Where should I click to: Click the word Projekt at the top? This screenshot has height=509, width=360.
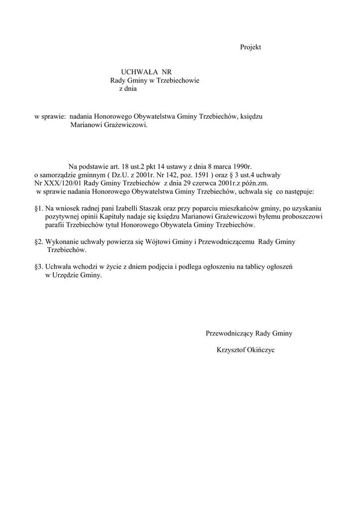(251, 47)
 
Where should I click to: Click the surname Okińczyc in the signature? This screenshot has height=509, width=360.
(259, 350)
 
